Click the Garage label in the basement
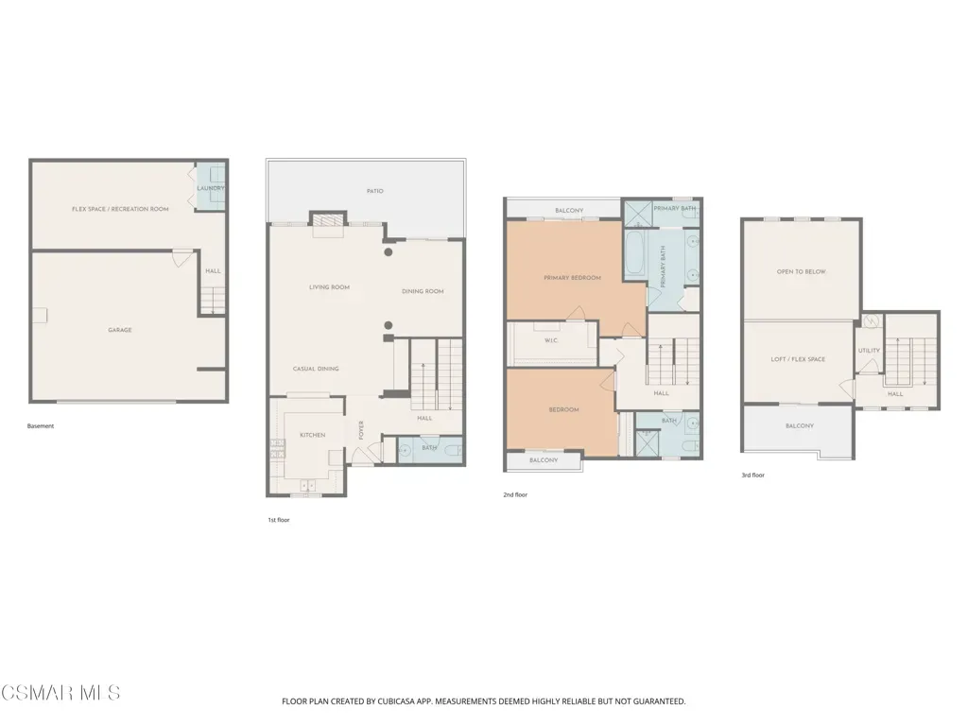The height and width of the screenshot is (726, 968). click(x=120, y=330)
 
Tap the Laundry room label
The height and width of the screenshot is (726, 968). click(x=211, y=188)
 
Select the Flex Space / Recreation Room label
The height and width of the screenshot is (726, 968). click(x=120, y=209)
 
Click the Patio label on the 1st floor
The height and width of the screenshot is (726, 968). click(x=374, y=191)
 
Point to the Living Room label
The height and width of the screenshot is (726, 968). click(x=329, y=287)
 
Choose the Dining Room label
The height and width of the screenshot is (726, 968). click(x=423, y=291)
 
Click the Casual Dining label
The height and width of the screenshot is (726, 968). click(x=316, y=370)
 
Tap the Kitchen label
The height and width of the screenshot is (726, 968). click(x=312, y=435)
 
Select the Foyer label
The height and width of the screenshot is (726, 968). click(x=361, y=430)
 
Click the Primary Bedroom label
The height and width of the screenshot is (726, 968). click(x=572, y=278)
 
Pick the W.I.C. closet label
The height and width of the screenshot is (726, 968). click(x=551, y=340)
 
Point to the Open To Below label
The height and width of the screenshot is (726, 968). click(x=802, y=271)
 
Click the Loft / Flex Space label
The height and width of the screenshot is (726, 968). click(x=798, y=359)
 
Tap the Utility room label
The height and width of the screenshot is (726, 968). click(x=870, y=351)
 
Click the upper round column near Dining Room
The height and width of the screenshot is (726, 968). click(x=389, y=251)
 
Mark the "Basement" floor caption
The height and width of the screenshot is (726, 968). click(x=41, y=426)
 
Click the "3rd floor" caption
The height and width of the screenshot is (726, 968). click(x=753, y=475)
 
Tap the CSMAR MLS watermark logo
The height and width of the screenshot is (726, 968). click(x=60, y=693)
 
